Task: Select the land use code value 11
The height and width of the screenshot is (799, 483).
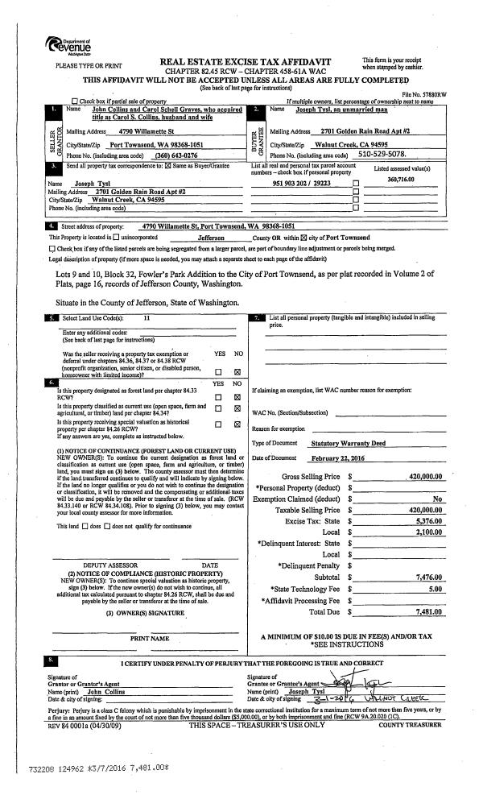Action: (x=147, y=318)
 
